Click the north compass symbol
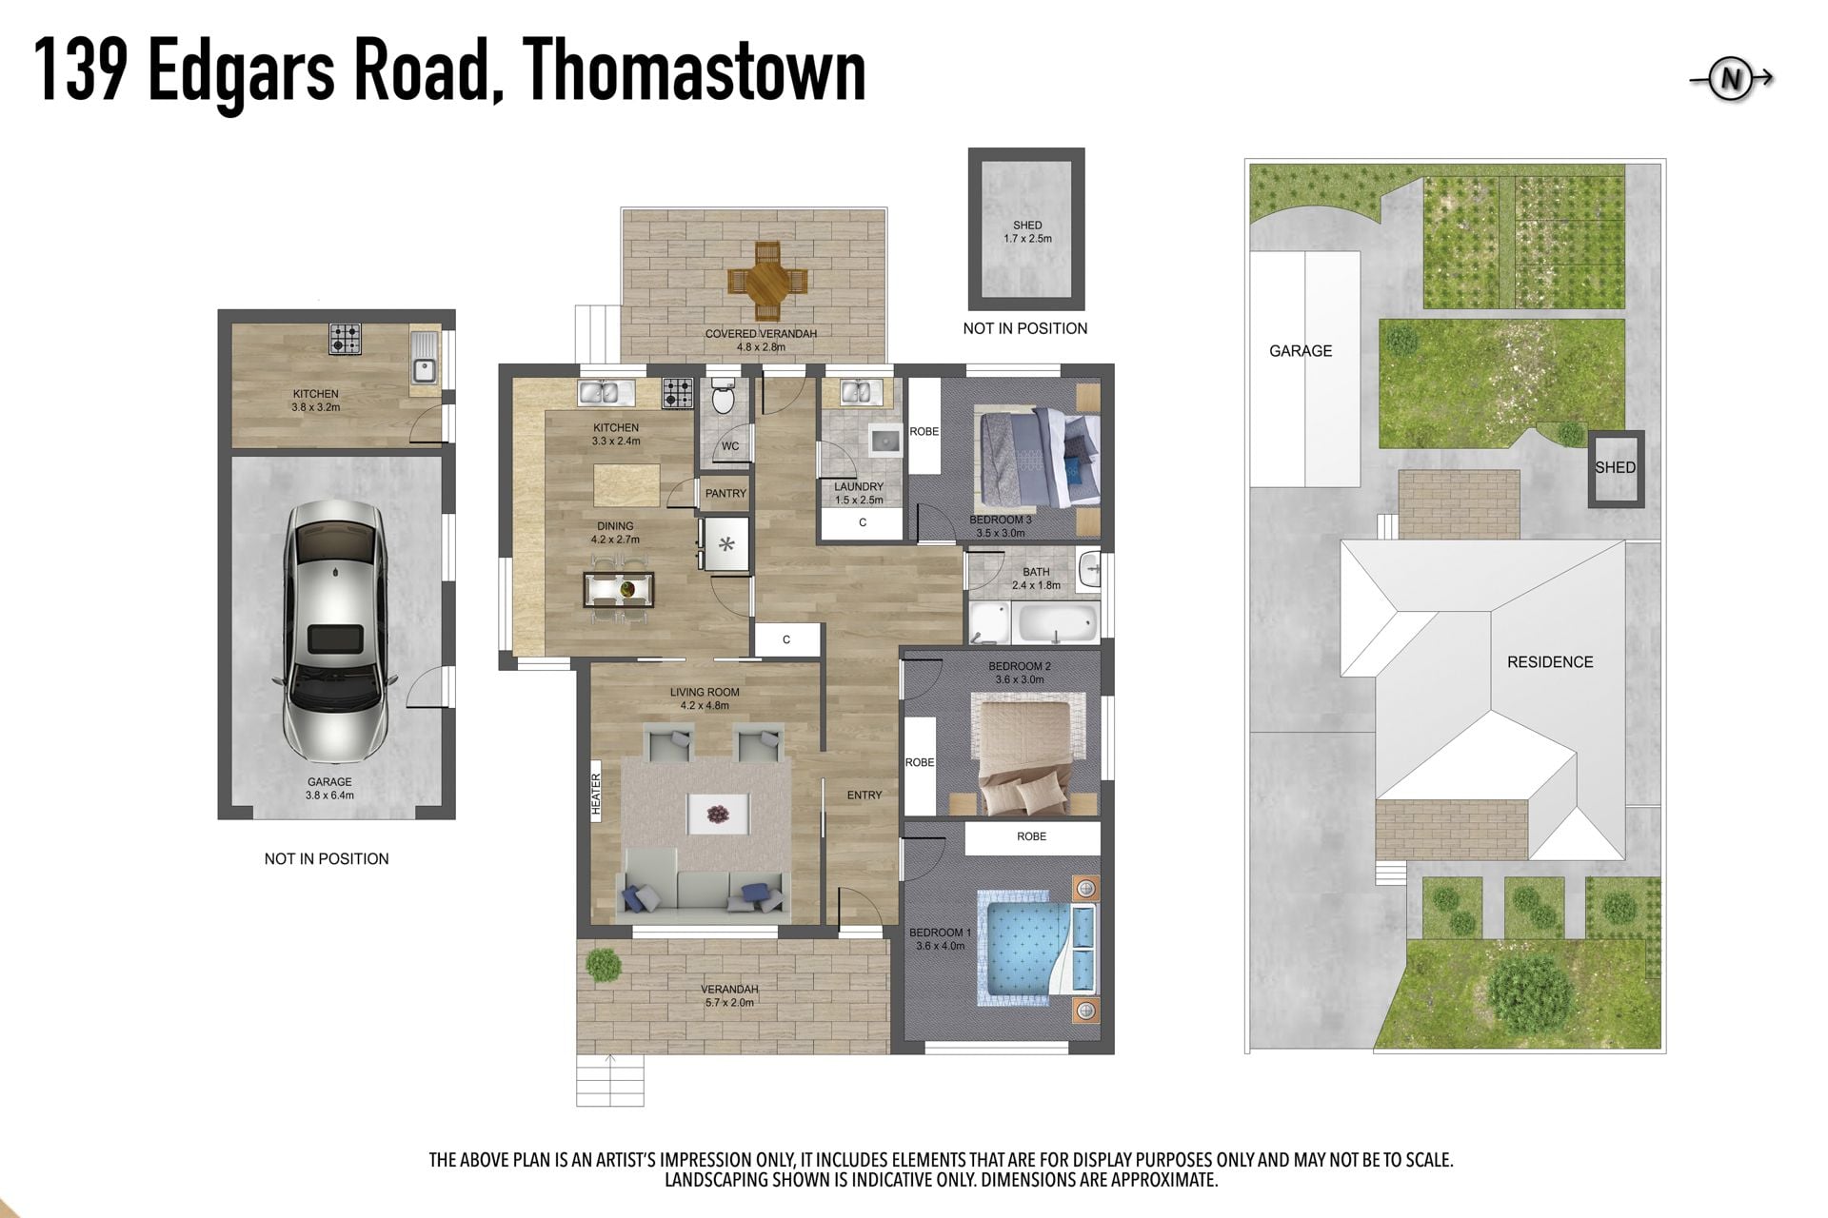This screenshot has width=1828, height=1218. (x=1731, y=80)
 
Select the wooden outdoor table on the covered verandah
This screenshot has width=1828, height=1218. (x=767, y=282)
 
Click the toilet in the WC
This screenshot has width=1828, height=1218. (x=724, y=399)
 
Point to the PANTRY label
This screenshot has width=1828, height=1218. (x=725, y=494)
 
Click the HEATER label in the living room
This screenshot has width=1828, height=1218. (x=597, y=795)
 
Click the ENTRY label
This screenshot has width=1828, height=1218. (x=864, y=796)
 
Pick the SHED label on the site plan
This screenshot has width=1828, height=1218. (x=1616, y=468)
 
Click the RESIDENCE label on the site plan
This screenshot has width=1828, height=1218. (x=1550, y=662)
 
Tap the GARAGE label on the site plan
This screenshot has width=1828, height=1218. (x=1301, y=351)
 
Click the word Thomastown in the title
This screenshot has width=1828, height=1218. (x=694, y=70)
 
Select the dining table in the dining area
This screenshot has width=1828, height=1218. (x=620, y=589)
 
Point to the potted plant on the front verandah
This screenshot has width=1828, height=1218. (x=604, y=965)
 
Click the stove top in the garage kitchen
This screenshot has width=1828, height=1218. (x=346, y=339)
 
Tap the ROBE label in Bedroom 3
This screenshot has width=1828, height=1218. (x=924, y=432)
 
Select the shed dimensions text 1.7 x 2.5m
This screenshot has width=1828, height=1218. (x=1027, y=239)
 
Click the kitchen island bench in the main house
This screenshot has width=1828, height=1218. (x=626, y=485)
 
